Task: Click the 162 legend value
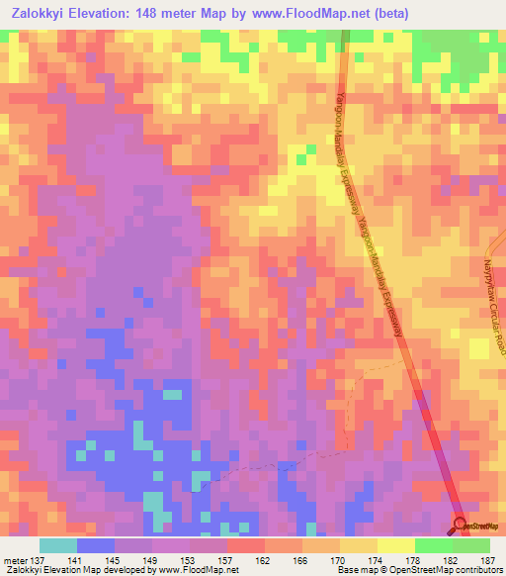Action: pos(264,559)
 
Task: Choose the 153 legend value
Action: pos(190,559)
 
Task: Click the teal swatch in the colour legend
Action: pos(58,545)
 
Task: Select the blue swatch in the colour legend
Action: pos(96,545)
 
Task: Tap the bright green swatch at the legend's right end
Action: pos(471,545)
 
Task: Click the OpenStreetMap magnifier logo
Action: pos(461,524)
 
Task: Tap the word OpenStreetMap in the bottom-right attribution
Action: pos(415,570)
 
